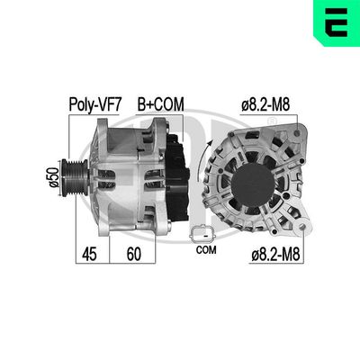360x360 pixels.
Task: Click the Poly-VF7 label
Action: coord(96,104)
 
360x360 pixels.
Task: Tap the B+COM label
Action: coord(159,104)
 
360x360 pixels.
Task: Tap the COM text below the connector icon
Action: coord(204,251)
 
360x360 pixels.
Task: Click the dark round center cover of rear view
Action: coord(255,179)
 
